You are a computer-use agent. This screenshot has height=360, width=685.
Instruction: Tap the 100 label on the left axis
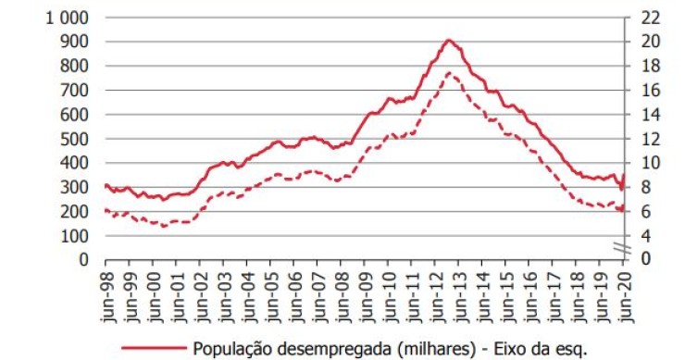click(76, 235)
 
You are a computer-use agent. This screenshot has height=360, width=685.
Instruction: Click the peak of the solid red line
click(449, 40)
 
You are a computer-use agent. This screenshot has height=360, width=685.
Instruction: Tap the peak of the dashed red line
click(449, 72)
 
